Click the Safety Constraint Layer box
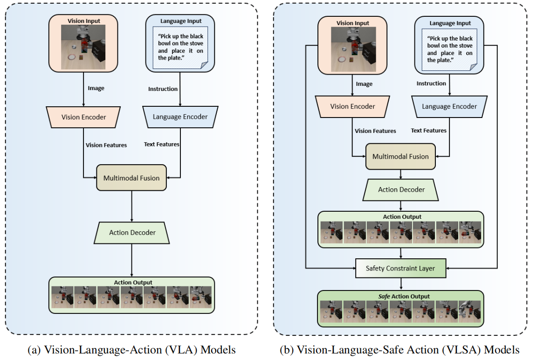pos(401,268)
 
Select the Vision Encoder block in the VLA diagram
pos(84,117)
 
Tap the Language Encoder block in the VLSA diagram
pos(449,106)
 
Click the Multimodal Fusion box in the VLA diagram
pos(131,178)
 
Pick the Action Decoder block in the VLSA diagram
pos(401,190)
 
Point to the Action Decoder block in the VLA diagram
pos(132,233)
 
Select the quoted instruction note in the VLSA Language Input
pos(449,50)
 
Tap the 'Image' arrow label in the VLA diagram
pos(96,88)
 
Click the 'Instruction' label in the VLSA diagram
pos(431,83)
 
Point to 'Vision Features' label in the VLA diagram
pos(106,145)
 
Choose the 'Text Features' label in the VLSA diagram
pos(428,131)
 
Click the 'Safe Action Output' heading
pos(400,296)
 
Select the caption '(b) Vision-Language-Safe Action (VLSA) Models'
pos(399,350)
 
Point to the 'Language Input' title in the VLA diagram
pos(180,21)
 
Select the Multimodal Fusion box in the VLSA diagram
pos(400,157)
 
